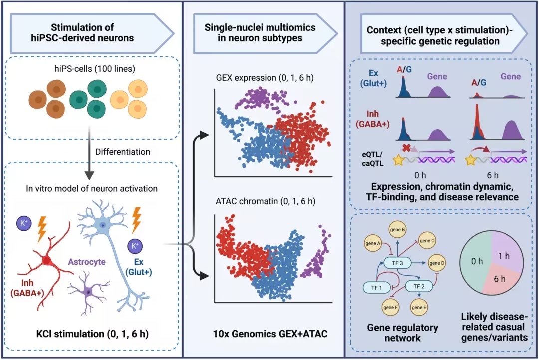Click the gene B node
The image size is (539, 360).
click(x=397, y=230)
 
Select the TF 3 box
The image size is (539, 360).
click(x=397, y=263)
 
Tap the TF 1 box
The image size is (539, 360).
click(x=377, y=288)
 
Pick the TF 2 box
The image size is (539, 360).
click(x=419, y=286)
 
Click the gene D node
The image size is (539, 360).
click(x=437, y=263)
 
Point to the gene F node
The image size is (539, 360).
click(x=390, y=307)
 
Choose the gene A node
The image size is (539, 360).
click(x=373, y=243)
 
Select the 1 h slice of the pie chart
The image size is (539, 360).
click(x=505, y=251)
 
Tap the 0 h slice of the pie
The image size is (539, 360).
click(x=476, y=262)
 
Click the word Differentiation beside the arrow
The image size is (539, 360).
click(x=123, y=152)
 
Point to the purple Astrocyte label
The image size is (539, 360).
click(x=87, y=262)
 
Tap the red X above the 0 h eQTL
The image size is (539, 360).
click(x=407, y=148)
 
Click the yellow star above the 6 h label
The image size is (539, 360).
click(x=470, y=160)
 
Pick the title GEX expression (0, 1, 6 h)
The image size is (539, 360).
click(x=265, y=78)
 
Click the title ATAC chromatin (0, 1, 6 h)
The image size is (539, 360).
click(x=266, y=201)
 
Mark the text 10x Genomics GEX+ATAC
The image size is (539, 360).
click(x=270, y=334)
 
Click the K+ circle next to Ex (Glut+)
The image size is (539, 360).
click(x=134, y=246)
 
